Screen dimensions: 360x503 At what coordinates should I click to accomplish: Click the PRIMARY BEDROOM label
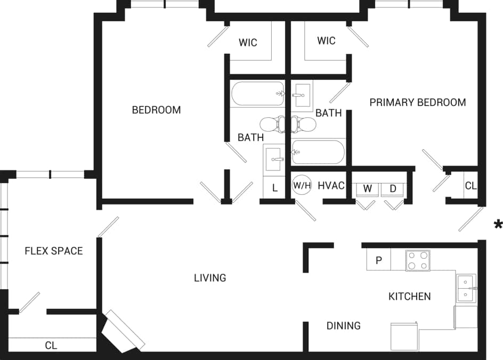click(418, 102)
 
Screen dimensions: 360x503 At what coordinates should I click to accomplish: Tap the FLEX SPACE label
click(54, 251)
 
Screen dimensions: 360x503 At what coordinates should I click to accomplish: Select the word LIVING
click(210, 277)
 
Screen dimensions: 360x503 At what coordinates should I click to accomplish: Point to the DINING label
click(344, 325)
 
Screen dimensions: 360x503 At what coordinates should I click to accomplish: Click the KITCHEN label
click(409, 297)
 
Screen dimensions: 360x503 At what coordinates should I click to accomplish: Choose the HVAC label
click(331, 186)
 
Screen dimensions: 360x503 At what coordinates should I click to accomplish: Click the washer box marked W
click(367, 189)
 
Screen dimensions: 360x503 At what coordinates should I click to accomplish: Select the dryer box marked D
click(393, 189)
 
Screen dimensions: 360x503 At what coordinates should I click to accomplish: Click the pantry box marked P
click(379, 260)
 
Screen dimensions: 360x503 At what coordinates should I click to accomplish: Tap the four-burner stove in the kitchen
click(417, 260)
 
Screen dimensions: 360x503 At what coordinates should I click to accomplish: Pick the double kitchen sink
click(466, 288)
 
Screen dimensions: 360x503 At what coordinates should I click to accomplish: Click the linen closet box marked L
click(275, 188)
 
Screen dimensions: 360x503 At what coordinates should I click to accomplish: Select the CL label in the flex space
click(51, 346)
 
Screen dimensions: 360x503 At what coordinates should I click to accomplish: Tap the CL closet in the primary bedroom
click(470, 186)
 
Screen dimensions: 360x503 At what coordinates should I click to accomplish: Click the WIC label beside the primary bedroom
click(326, 40)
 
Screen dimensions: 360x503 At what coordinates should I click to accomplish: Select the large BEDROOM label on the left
click(156, 110)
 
